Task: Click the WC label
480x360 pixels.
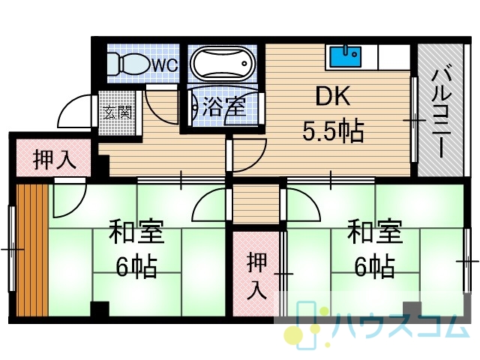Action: pos(165,65)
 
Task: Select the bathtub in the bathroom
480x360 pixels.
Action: pos(223,64)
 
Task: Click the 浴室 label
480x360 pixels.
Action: pos(224,106)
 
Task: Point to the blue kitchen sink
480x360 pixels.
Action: pos(345,57)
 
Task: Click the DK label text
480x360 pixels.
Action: pos(332,96)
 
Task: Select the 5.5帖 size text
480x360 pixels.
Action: pos(333,131)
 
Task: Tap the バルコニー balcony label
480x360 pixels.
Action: pos(442,113)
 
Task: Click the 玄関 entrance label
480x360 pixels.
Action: pos(117,112)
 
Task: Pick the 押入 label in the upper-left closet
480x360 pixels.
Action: pos(55,160)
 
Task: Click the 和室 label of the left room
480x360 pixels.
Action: pos(136,232)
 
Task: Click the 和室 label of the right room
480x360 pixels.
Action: pos(375,232)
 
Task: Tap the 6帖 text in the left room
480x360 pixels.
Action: pos(136,266)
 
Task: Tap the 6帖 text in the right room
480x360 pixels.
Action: pos(375,266)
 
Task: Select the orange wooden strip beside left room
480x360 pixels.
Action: pos(32,250)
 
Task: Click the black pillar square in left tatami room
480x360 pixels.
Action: pos(100,309)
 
